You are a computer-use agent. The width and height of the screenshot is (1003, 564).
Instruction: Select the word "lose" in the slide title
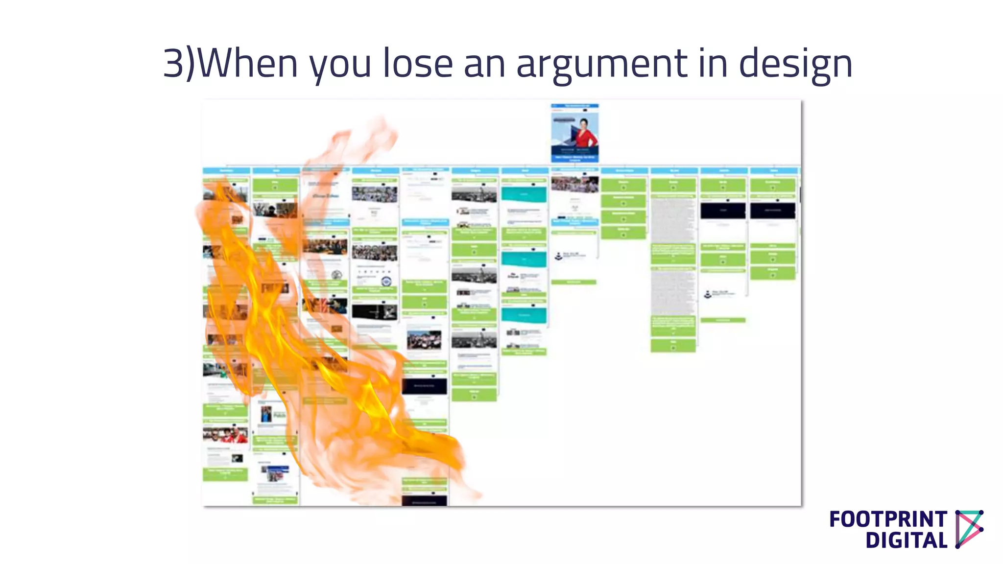(x=417, y=64)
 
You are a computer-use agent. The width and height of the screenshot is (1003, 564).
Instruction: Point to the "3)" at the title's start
(x=179, y=64)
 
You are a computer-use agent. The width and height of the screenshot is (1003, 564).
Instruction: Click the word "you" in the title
(x=340, y=66)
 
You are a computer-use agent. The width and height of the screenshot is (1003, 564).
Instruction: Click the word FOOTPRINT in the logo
(x=888, y=519)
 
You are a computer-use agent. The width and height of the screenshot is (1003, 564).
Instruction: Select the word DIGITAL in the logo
(x=906, y=540)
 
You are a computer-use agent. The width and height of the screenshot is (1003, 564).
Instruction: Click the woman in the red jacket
(x=585, y=132)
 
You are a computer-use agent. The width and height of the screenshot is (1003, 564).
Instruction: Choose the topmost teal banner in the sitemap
(x=524, y=194)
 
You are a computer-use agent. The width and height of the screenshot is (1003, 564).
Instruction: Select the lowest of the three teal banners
(x=524, y=315)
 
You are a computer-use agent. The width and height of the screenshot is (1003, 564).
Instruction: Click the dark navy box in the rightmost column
(x=773, y=211)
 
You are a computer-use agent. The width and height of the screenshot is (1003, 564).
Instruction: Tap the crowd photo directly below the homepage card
(x=574, y=185)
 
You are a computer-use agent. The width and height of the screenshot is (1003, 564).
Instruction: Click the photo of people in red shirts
(x=225, y=434)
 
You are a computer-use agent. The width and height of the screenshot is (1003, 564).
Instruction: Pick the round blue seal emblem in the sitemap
(x=386, y=282)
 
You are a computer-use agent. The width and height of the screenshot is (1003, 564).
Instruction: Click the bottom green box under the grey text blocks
(x=673, y=345)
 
